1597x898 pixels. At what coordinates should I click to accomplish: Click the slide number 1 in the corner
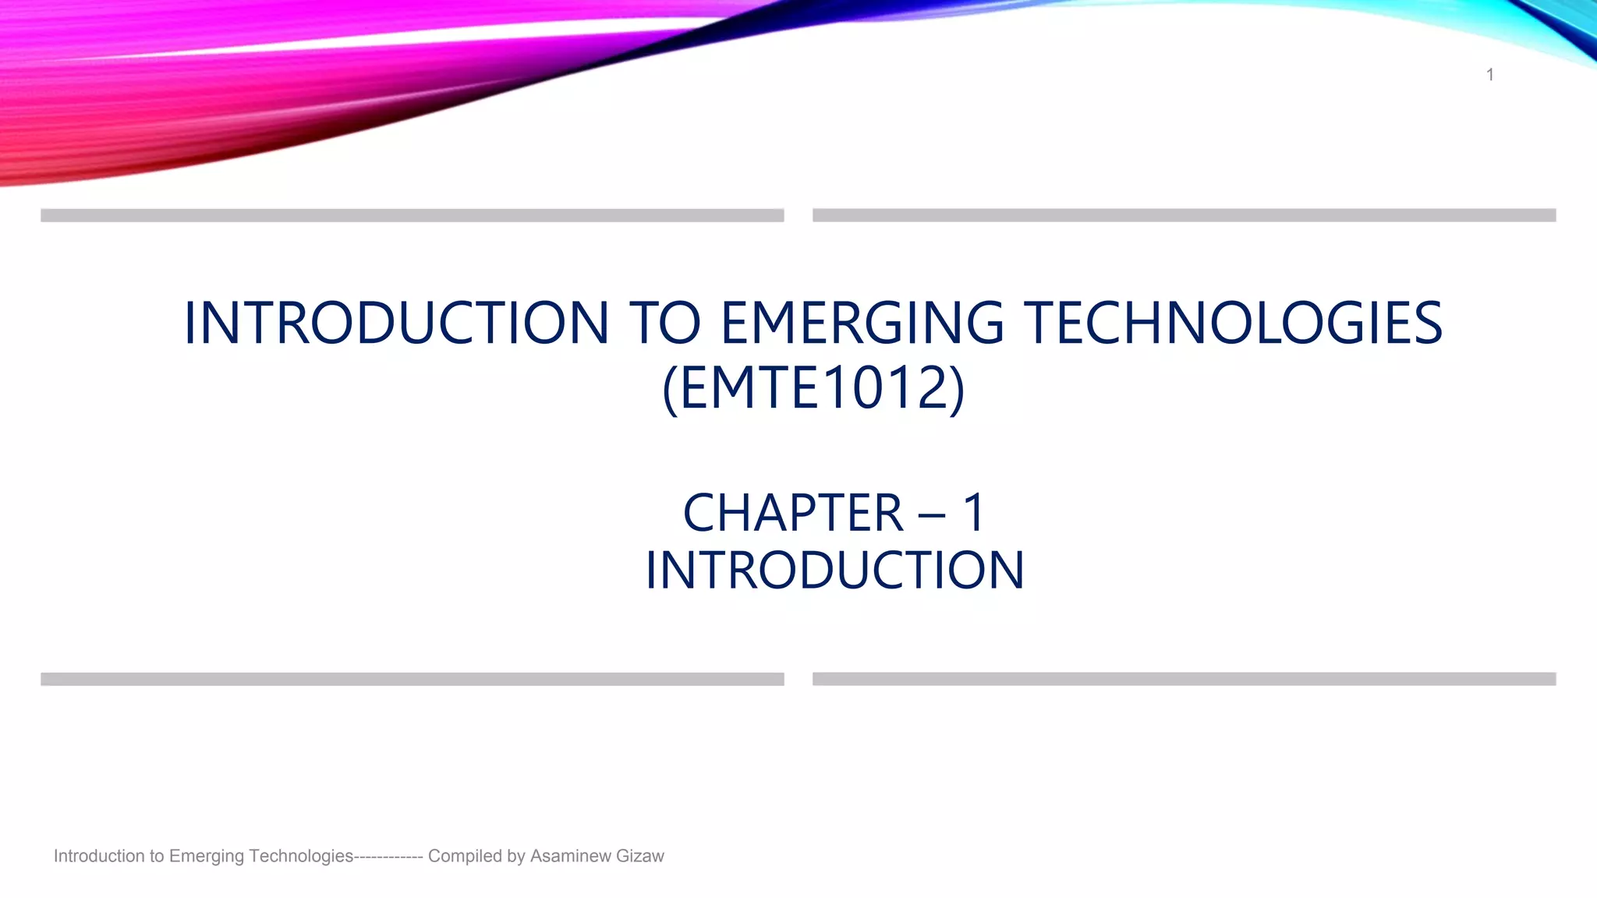point(1489,75)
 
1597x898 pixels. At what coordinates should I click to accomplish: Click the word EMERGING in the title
point(862,323)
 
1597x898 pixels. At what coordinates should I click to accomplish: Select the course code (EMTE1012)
point(813,388)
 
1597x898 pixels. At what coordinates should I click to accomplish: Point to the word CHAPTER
point(792,513)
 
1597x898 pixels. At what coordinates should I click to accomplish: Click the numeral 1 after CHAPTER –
point(974,513)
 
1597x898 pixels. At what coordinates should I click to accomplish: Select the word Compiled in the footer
point(465,856)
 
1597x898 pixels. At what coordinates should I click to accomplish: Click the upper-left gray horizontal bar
point(412,215)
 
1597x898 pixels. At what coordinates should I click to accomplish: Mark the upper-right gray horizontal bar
point(1184,215)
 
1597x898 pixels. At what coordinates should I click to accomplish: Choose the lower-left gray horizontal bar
point(412,679)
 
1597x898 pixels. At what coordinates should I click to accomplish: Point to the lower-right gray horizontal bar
point(1184,679)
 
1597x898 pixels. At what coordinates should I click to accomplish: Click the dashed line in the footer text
point(388,856)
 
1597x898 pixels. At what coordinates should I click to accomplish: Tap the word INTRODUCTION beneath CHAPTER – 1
point(834,571)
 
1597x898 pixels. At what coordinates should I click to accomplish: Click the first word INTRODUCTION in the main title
point(396,323)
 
